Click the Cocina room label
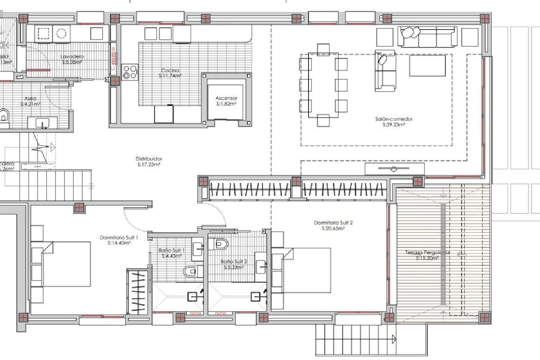click(x=170, y=71)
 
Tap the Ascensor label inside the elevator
click(x=226, y=98)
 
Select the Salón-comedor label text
click(x=394, y=119)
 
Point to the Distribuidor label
click(x=149, y=159)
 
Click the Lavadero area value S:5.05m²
click(x=72, y=62)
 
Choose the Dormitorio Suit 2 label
click(x=333, y=223)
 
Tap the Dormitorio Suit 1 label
click(x=119, y=238)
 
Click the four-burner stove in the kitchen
click(x=130, y=72)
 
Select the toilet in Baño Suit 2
click(x=220, y=244)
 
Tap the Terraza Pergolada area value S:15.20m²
click(x=427, y=258)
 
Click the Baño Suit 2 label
click(x=234, y=262)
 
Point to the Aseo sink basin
click(x=42, y=123)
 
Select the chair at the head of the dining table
click(x=323, y=49)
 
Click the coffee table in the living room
click(x=427, y=66)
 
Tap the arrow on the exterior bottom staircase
click(x=394, y=339)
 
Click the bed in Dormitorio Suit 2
click(x=306, y=270)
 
